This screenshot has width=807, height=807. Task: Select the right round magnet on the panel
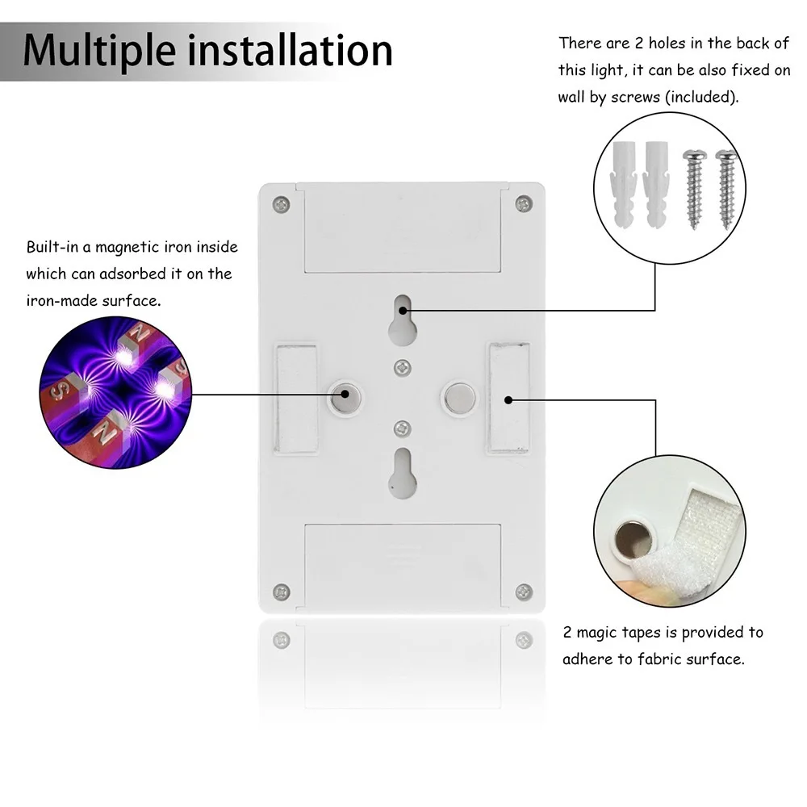click(x=459, y=395)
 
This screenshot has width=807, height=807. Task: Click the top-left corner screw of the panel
click(x=280, y=204)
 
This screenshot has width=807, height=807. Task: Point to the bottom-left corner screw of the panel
click(x=280, y=592)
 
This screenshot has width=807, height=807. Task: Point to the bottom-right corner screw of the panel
click(x=524, y=592)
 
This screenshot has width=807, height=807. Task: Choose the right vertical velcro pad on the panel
click(x=508, y=398)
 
